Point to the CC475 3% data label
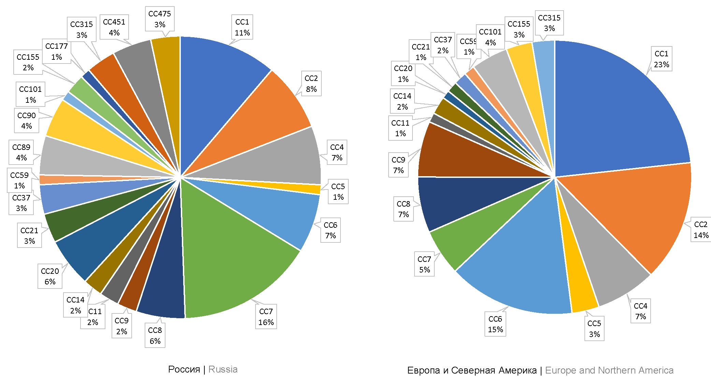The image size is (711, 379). [x=160, y=19]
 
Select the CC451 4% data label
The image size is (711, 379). [x=114, y=27]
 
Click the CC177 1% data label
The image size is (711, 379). [x=57, y=52]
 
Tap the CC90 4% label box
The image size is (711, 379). [x=27, y=121]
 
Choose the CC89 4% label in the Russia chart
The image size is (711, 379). [x=21, y=152]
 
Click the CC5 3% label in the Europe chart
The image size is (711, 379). [x=594, y=328]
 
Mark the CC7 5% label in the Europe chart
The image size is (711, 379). [x=424, y=264]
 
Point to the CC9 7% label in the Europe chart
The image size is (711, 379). [x=398, y=165]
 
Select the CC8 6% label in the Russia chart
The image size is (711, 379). [x=155, y=335]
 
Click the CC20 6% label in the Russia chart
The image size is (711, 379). [x=50, y=276]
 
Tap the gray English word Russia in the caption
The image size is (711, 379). [x=223, y=369]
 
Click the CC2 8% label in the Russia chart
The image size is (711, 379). [x=311, y=84]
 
